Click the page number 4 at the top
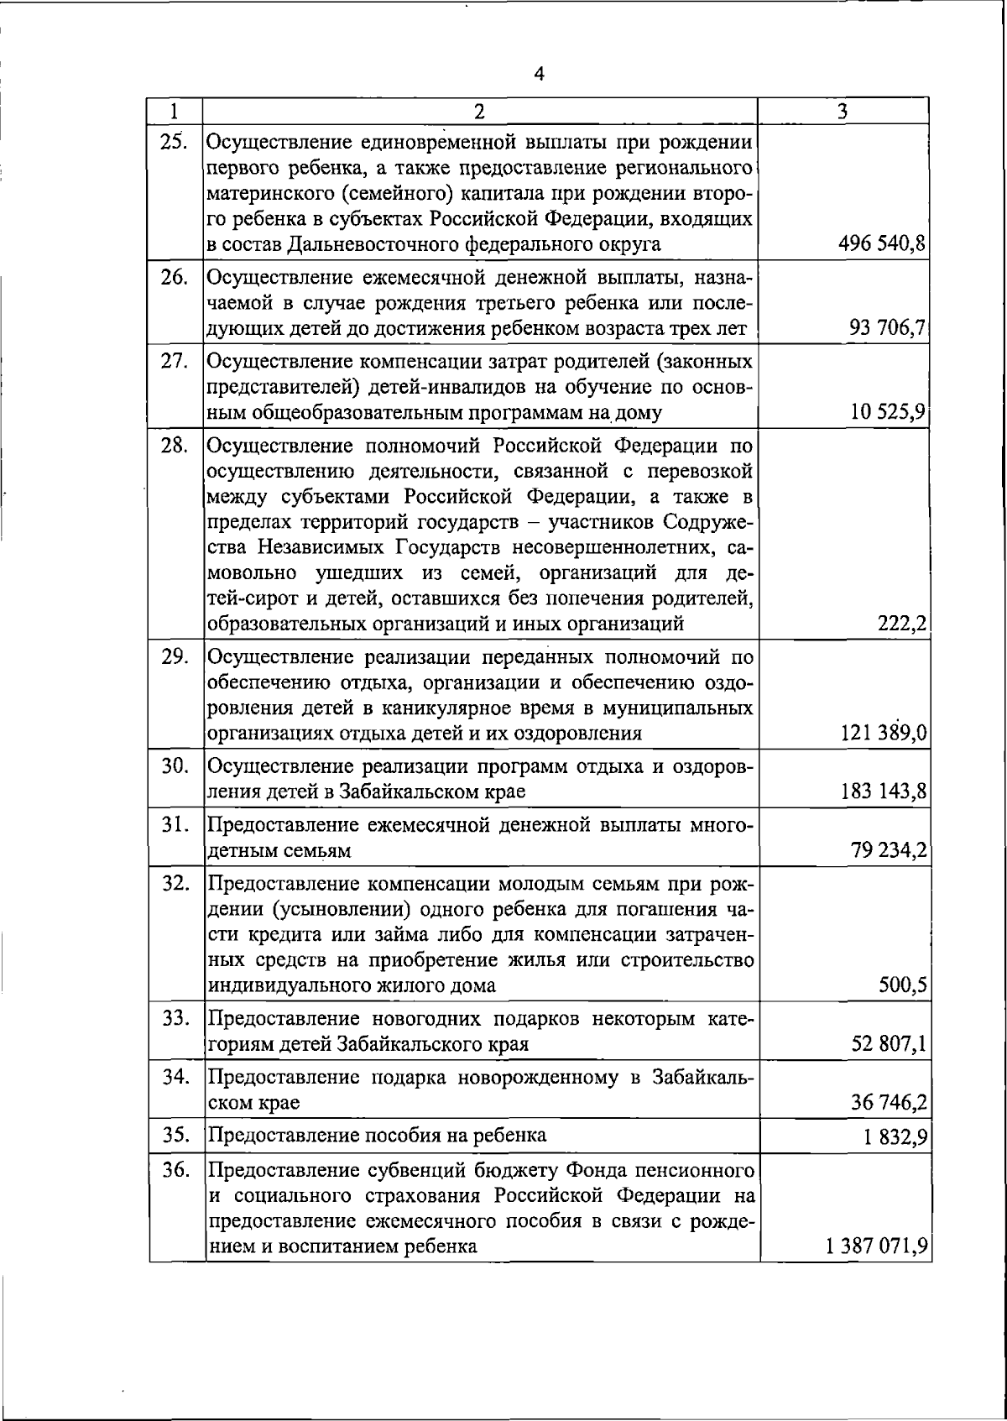click(539, 75)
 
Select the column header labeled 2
click(478, 111)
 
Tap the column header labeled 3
click(843, 111)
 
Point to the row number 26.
click(175, 277)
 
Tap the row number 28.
click(175, 445)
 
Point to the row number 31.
click(175, 825)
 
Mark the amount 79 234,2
click(889, 851)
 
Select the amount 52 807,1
click(889, 1044)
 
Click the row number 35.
click(175, 1136)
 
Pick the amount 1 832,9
click(895, 1139)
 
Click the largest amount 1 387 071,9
click(876, 1246)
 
